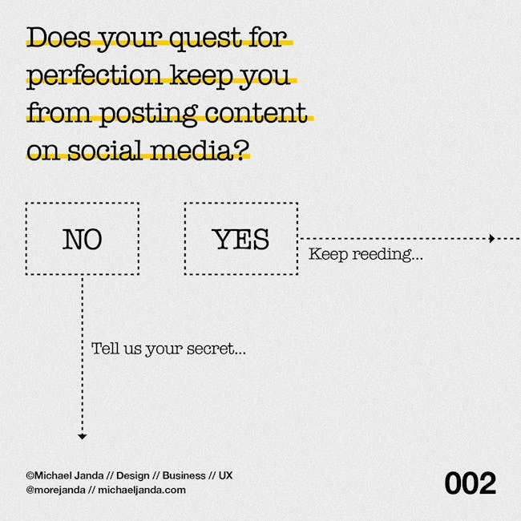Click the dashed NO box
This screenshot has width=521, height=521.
pyautogui.click(x=26, y=239)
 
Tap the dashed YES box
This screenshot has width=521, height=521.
pyautogui.click(x=184, y=239)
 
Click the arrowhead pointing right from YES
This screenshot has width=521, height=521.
pyautogui.click(x=492, y=239)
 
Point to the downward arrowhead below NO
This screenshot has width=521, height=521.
pyautogui.click(x=82, y=437)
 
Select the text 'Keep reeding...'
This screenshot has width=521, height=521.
pyautogui.click(x=366, y=255)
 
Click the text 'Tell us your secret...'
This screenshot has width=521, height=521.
pyautogui.click(x=168, y=349)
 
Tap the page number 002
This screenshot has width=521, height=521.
pyautogui.click(x=471, y=483)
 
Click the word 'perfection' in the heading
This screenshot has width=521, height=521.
pyautogui.click(x=94, y=77)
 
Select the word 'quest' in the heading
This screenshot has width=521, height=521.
pyautogui.click(x=206, y=38)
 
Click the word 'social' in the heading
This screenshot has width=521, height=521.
pyautogui.click(x=106, y=151)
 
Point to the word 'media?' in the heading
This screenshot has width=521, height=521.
pyautogui.click(x=200, y=151)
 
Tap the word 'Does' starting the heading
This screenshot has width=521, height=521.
pyautogui.click(x=59, y=37)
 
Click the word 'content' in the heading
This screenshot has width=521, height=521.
pyautogui.click(x=256, y=113)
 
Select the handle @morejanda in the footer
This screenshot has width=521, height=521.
pyautogui.click(x=55, y=490)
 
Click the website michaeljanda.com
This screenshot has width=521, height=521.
pyautogui.click(x=142, y=490)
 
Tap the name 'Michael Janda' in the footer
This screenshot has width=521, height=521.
pyautogui.click(x=69, y=475)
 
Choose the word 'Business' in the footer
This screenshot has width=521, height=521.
pyautogui.click(x=184, y=475)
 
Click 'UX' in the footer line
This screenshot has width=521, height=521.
pyautogui.click(x=225, y=475)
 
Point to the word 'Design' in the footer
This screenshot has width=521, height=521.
pyautogui.click(x=133, y=476)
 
